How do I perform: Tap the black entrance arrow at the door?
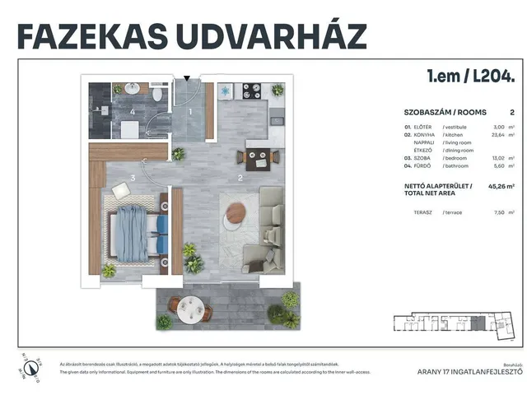click(188, 78)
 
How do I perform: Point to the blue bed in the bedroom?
click(138, 230)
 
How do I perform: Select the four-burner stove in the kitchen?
click(250, 91)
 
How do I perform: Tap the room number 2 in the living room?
click(240, 177)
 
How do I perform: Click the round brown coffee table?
click(234, 216)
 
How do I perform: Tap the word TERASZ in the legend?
click(424, 212)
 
